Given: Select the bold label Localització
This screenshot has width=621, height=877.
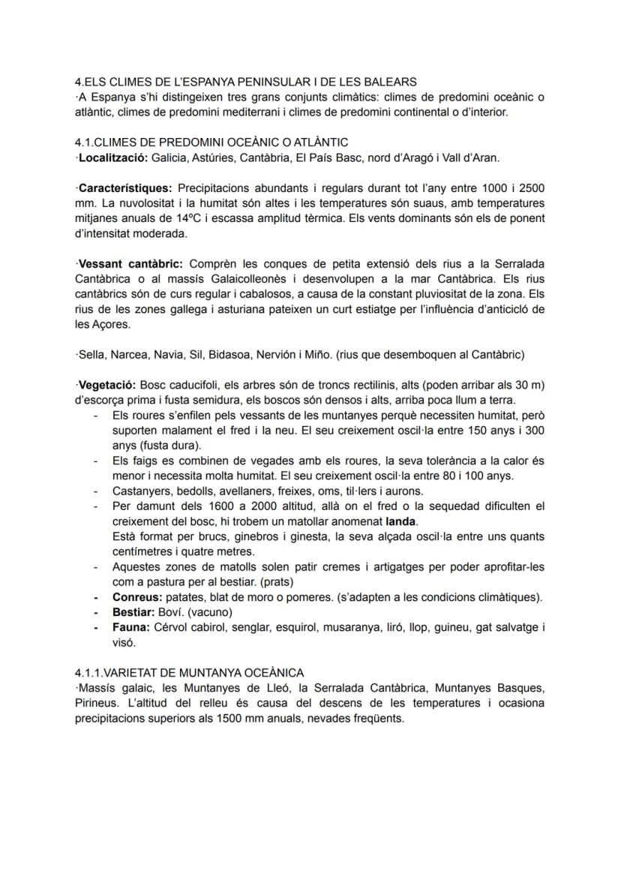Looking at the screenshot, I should [112, 158].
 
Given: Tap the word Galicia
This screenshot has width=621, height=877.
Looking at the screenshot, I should [169, 158].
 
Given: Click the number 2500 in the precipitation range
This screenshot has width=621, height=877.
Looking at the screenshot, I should [532, 187].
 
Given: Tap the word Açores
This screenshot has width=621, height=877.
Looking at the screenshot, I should [94, 325].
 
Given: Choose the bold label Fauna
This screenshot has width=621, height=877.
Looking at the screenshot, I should [130, 627].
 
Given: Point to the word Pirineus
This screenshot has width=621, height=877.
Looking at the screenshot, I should [98, 703].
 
